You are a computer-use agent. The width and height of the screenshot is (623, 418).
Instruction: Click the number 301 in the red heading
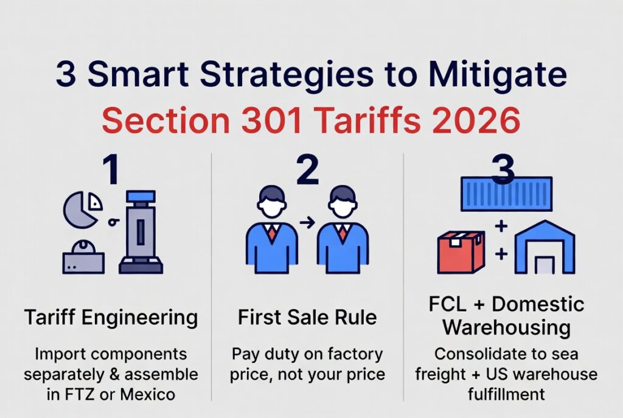coord(271,120)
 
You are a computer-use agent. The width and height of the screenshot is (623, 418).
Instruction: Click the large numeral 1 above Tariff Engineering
coord(111,170)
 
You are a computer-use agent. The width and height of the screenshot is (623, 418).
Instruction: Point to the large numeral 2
coord(307,170)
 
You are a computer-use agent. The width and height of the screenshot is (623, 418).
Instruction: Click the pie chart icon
coord(82,210)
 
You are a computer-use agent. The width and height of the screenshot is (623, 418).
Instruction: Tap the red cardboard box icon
coord(461,252)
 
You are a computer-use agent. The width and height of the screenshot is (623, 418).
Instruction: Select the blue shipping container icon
coord(507,194)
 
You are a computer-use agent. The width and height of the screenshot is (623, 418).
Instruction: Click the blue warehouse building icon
coord(545,247)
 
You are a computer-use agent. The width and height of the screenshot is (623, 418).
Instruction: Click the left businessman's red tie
coord(272,233)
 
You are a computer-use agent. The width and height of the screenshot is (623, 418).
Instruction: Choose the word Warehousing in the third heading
coord(507,328)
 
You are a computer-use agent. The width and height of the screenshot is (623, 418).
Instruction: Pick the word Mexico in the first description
coord(147,394)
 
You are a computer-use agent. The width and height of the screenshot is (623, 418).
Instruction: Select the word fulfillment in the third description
coord(506,394)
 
